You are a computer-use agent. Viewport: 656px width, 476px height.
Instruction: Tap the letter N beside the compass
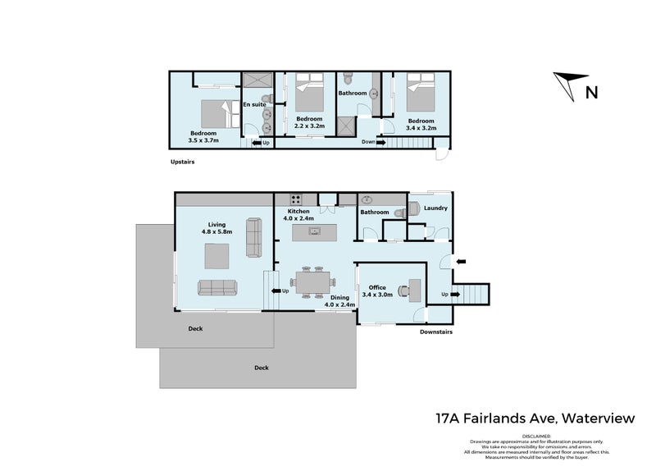pyautogui.click(x=590, y=92)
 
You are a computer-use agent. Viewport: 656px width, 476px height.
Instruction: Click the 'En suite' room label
pyautogui.click(x=253, y=105)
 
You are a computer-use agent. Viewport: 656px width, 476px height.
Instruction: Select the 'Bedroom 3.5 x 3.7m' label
pyautogui.click(x=203, y=137)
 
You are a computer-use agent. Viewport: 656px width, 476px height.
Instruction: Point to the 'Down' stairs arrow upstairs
pyautogui.click(x=371, y=142)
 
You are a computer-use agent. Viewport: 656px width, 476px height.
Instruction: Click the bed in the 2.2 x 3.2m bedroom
pyautogui.click(x=308, y=94)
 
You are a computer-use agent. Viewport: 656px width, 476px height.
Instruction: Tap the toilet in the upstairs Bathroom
pyautogui.click(x=348, y=80)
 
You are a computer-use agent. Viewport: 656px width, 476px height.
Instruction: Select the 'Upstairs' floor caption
pyautogui.click(x=182, y=162)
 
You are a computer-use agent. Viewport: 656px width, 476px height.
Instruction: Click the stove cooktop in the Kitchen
pyautogui.click(x=295, y=199)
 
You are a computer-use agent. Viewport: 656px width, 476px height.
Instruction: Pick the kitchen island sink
pyautogui.click(x=314, y=231)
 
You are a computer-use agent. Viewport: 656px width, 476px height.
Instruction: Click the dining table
pyautogui.click(x=312, y=281)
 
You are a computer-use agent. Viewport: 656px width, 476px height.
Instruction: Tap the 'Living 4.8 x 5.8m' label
pyautogui.click(x=217, y=227)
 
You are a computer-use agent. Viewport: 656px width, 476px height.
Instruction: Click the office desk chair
pyautogui.click(x=403, y=289)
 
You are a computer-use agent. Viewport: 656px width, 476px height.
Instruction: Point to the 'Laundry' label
pyautogui.click(x=435, y=208)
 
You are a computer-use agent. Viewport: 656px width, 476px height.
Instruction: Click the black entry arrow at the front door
pyautogui.click(x=462, y=262)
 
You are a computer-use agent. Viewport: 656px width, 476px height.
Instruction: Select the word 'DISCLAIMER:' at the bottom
pyautogui.click(x=536, y=435)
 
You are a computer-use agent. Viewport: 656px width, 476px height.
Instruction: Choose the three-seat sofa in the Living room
pyautogui.click(x=216, y=288)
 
